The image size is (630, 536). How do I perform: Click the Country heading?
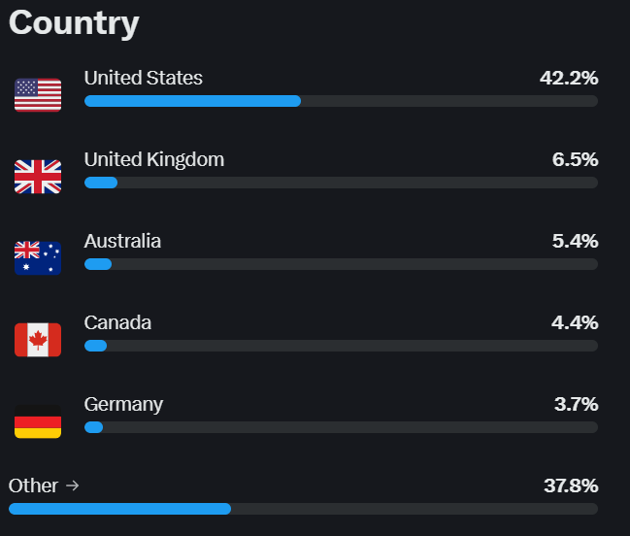click(x=74, y=22)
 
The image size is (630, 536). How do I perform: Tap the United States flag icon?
click(x=38, y=95)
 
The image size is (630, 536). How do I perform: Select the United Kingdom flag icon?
click(x=38, y=177)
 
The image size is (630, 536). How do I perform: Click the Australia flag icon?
click(x=38, y=258)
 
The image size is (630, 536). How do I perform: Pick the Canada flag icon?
click(x=38, y=340)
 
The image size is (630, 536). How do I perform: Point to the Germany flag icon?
click(x=38, y=421)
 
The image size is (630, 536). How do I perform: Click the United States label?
click(x=144, y=78)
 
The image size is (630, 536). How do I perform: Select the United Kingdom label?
click(x=154, y=159)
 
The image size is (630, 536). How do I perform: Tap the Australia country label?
click(x=123, y=241)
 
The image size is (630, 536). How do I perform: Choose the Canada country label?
click(x=118, y=322)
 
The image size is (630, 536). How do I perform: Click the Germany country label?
click(x=124, y=404)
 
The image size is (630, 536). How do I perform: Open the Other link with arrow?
click(x=44, y=486)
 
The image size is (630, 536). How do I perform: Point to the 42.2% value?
click(x=569, y=78)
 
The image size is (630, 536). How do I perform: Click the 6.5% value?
click(x=575, y=159)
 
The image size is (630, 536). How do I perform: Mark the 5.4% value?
click(x=575, y=241)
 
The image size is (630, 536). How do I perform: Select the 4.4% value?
click(x=575, y=322)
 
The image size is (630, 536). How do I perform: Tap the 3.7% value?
click(x=576, y=404)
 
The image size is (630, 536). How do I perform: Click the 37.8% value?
click(x=569, y=486)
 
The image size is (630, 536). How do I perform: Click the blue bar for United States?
click(x=192, y=101)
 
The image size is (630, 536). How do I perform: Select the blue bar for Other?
click(x=119, y=509)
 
